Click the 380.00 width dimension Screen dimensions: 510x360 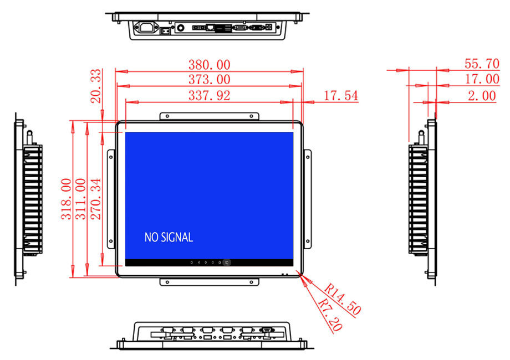(x=210, y=65)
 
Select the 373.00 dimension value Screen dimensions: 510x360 (x=210, y=79)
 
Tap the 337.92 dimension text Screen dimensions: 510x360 (x=210, y=95)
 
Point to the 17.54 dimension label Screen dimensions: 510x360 (x=341, y=95)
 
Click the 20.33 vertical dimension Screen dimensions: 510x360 (x=96, y=86)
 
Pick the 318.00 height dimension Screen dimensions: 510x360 (x=67, y=199)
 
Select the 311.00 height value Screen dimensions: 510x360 (x=81, y=199)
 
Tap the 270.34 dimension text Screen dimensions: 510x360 (x=96, y=199)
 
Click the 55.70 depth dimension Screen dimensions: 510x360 (x=482, y=64)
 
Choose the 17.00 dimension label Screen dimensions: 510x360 (x=482, y=79)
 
